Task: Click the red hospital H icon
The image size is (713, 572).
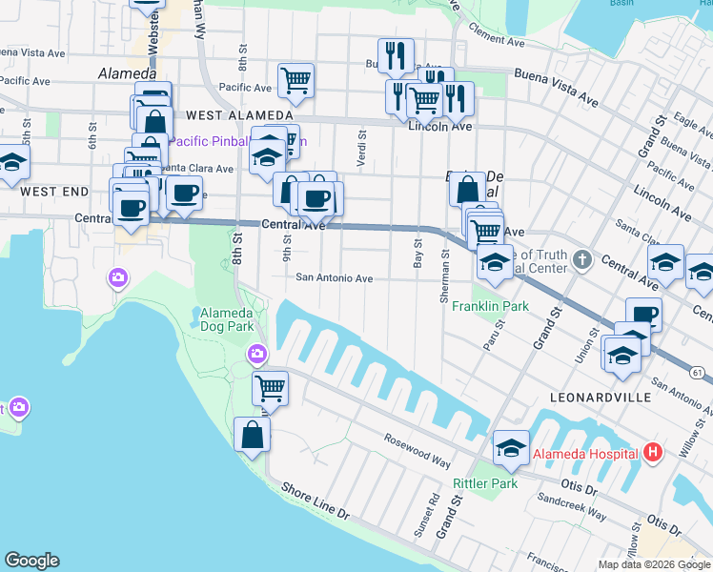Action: [x=653, y=452]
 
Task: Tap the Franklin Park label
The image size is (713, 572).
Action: [x=490, y=307]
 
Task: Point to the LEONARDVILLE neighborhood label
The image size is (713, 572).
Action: [x=601, y=397]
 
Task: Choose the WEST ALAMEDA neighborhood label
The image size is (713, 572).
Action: [x=226, y=114]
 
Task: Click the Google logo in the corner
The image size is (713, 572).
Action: [x=31, y=561]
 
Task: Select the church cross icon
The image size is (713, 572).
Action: [x=583, y=258]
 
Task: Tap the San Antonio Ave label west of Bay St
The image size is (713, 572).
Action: [x=333, y=278]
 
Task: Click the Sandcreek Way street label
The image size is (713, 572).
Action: [x=571, y=505]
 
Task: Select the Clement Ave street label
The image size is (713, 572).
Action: [x=496, y=41]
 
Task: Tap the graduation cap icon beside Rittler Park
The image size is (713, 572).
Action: [x=511, y=448]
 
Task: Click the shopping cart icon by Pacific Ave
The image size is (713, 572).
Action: [x=296, y=80]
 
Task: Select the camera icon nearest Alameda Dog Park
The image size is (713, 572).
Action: [x=256, y=356]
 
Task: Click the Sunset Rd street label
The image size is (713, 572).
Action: [x=425, y=516]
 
